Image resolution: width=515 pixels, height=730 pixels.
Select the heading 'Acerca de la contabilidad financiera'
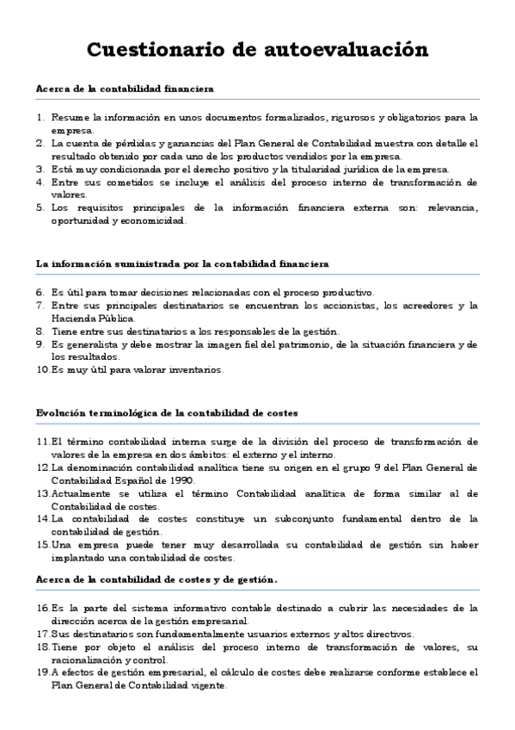coord(126,89)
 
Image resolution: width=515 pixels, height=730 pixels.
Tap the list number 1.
coord(40,116)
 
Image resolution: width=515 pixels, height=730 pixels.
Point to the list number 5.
coord(40,207)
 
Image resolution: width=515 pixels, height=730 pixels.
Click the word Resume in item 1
coord(68,116)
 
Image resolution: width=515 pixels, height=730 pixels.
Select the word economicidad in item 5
coord(154,220)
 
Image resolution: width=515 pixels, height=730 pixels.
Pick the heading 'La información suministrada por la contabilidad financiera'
coord(182,263)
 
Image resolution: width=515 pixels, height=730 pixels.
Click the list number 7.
coord(40,306)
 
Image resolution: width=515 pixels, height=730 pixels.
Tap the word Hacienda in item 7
coord(73,318)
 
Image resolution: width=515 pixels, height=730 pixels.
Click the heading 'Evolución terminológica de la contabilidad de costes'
coord(168,413)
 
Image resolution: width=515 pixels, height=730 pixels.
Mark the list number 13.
coord(43,493)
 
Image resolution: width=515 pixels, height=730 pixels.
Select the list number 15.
coord(43,545)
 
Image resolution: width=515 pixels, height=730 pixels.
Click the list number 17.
coord(43,634)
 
